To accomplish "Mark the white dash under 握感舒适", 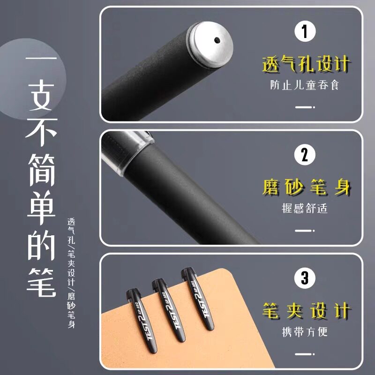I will coord(304,230).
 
